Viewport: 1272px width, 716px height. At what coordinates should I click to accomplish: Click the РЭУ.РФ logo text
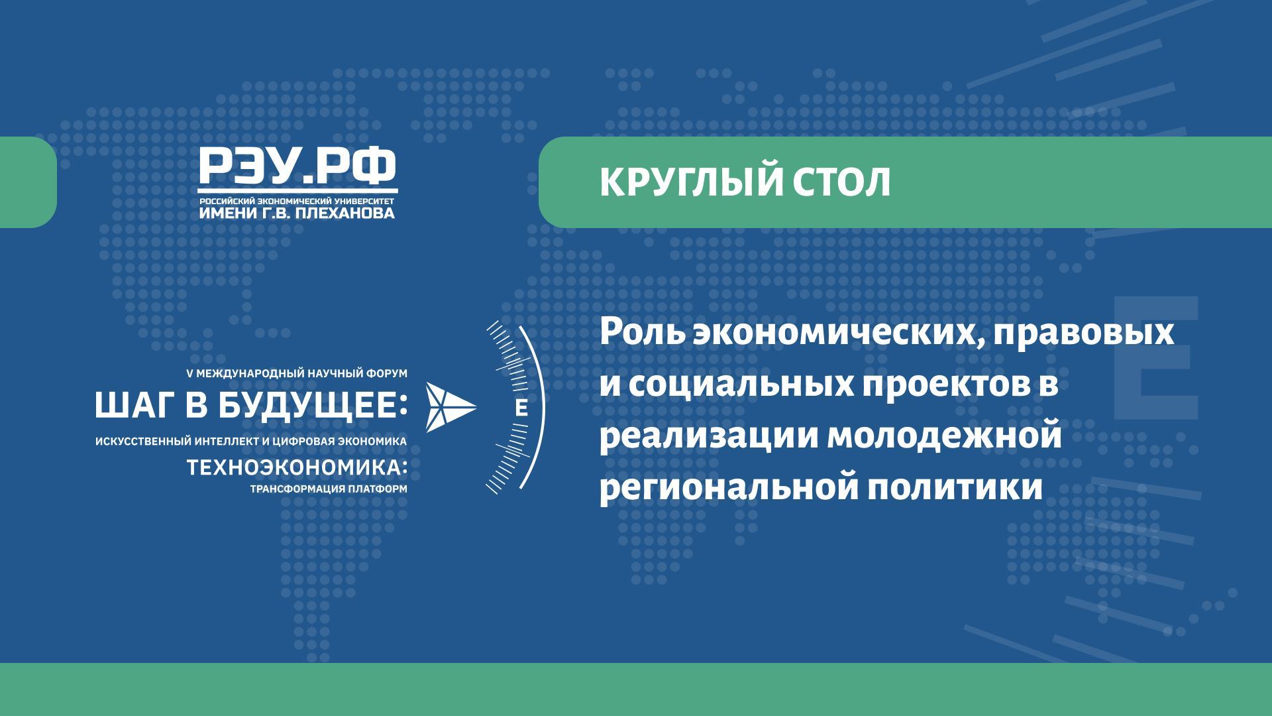[x=297, y=166]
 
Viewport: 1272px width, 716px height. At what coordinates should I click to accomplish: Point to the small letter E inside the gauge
[x=521, y=408]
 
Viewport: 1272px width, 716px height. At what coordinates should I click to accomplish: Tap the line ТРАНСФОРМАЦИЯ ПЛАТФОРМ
[x=328, y=489]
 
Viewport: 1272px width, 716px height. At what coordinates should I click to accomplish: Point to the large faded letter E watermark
[x=1155, y=358]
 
